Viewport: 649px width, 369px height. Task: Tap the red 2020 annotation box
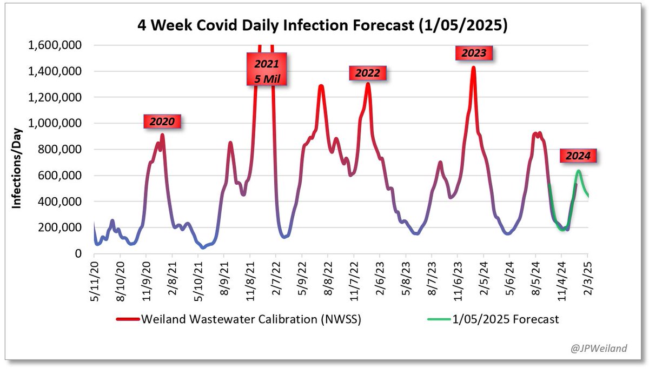tap(162, 122)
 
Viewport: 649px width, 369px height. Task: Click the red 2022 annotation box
tap(367, 73)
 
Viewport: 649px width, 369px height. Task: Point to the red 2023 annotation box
tap(474, 53)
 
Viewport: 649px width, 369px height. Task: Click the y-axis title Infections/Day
tap(18, 168)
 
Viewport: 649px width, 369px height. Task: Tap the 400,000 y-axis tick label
tap(59, 202)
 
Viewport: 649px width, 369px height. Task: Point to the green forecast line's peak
tap(578, 171)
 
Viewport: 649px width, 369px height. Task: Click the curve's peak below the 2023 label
tap(473, 68)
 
